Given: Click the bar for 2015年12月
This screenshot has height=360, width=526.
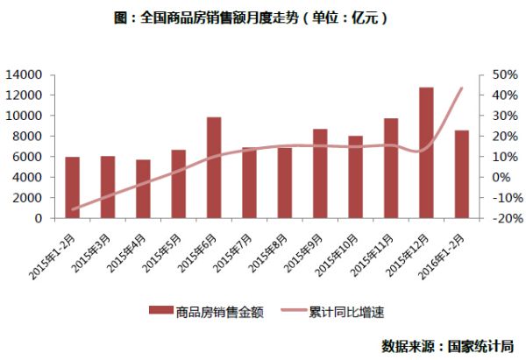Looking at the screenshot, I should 426,152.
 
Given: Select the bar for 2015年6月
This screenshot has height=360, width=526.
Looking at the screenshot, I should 214,167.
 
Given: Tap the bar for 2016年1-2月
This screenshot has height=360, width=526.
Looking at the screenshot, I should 462,174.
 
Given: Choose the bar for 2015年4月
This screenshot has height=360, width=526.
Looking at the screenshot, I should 143,188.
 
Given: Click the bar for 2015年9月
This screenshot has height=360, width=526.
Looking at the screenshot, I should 320,173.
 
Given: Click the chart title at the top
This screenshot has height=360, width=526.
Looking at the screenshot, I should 263,18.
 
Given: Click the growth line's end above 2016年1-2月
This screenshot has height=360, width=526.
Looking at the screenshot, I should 462,88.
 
